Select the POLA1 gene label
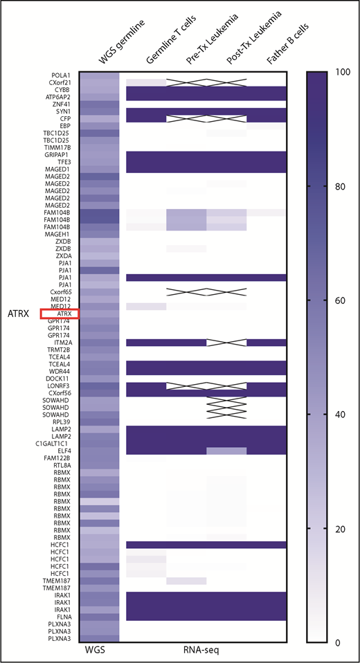click(x=60, y=75)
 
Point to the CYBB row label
click(x=62, y=90)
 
